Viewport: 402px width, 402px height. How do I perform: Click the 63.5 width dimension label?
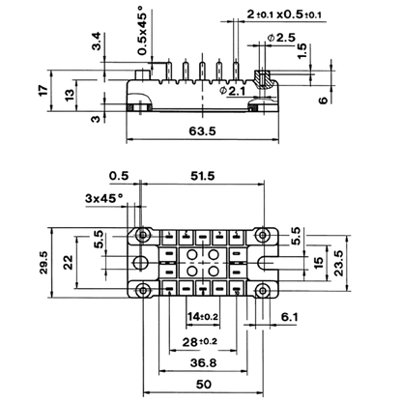point(202,131)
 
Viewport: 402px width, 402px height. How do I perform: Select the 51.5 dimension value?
point(203,176)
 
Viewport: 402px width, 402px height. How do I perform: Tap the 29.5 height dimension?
point(43,263)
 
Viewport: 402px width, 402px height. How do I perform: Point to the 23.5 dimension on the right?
point(338,263)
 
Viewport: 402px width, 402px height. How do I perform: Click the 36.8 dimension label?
point(203,362)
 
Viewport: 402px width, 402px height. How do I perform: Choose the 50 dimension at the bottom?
point(204,384)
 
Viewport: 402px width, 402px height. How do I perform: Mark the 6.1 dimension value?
point(290,317)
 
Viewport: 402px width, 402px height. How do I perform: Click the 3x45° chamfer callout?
point(104,198)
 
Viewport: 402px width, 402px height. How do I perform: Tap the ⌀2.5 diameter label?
point(281,38)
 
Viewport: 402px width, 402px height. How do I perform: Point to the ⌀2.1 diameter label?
point(232,91)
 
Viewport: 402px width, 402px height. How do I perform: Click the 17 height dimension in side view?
point(43,90)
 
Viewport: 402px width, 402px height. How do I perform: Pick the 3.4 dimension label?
point(97,41)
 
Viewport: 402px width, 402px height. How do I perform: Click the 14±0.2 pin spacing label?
point(203,317)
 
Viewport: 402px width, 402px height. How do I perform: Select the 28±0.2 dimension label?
point(200,341)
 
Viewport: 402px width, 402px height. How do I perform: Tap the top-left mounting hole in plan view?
point(142,235)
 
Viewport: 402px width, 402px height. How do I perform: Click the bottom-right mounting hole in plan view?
point(263,291)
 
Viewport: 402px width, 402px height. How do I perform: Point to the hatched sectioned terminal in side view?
point(262,79)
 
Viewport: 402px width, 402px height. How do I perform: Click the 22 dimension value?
point(69,262)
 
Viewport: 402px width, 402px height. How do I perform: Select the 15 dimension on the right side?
point(318,263)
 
